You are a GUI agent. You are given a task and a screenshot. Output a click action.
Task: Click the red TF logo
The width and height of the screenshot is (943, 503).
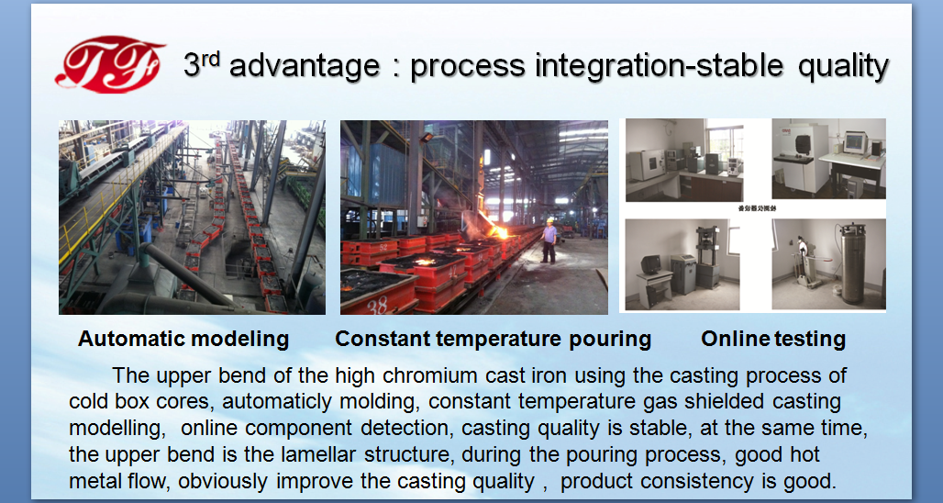point(109,64)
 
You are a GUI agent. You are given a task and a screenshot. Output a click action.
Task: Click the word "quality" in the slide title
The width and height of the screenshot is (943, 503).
point(843,66)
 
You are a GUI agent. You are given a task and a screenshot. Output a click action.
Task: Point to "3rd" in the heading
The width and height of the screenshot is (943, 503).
point(202,63)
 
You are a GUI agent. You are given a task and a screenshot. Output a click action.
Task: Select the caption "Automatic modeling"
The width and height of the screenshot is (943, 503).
point(183,339)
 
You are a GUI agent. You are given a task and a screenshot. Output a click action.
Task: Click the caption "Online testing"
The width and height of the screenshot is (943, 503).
point(773,339)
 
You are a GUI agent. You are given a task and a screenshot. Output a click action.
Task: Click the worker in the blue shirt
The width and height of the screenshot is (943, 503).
point(549,240)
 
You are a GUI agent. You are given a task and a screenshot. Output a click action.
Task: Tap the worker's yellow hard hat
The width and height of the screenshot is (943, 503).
point(549,219)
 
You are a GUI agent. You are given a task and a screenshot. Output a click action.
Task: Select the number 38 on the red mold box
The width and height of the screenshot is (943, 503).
point(378,305)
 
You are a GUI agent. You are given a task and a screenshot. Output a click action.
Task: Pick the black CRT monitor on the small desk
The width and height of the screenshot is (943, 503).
point(650,264)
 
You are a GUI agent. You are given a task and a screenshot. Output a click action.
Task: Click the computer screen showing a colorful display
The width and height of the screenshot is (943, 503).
point(854,142)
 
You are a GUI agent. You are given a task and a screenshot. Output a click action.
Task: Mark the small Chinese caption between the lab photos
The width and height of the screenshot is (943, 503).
point(756,208)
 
